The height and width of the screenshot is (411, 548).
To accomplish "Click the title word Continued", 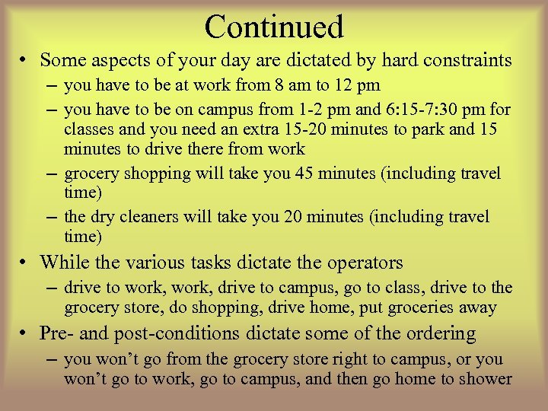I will coord(274,27).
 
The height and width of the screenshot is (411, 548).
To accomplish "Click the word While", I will coord(64,263).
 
